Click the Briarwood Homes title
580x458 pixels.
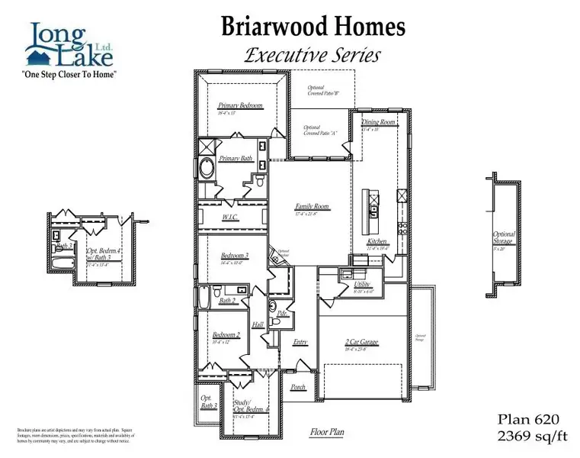click(x=313, y=26)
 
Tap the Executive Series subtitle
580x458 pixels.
click(x=312, y=55)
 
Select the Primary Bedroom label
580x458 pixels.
click(x=239, y=105)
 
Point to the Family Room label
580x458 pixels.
click(x=311, y=206)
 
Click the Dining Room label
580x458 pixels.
click(x=379, y=122)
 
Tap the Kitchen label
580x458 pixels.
click(x=377, y=241)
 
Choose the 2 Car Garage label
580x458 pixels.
click(x=362, y=343)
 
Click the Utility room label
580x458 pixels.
click(x=362, y=284)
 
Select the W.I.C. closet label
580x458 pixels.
click(x=231, y=218)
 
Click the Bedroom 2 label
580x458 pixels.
click(x=226, y=335)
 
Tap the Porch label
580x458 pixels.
click(x=298, y=387)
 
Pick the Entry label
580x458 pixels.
click(x=300, y=342)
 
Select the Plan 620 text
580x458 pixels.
click(x=528, y=419)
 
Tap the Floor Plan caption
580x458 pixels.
click(x=326, y=432)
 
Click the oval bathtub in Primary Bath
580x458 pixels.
click(x=207, y=168)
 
